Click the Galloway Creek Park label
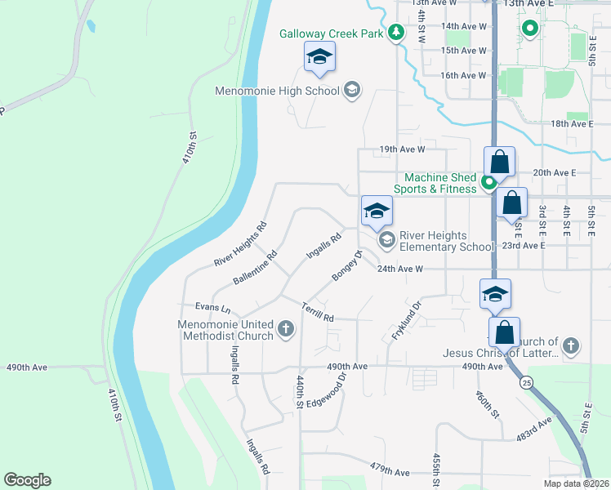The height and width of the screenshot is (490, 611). pos(332,33)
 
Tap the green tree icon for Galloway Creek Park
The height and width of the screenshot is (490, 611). pos(396,33)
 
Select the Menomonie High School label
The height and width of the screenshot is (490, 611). pos(276,91)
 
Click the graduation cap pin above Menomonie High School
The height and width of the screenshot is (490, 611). pos(319,58)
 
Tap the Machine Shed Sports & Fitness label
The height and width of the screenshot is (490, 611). pos(441,183)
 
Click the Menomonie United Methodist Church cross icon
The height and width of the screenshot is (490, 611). pos(285,329)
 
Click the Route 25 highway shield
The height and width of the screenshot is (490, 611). pos(527,382)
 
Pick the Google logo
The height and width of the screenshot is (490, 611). pos(27,480)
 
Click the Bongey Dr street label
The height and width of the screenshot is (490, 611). pos(346,265)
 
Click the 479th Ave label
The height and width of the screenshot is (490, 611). pos(389,472)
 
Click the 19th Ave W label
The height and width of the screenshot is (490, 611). pos(402,149)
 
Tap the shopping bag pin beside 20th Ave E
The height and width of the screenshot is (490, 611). pos(499,162)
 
